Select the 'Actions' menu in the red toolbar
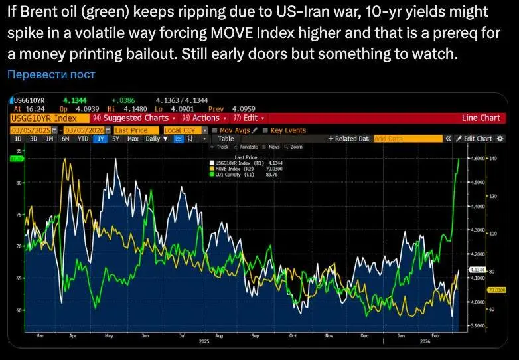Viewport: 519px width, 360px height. pos(204,118)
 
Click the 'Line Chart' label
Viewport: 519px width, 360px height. pos(481,118)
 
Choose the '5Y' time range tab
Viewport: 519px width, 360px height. pos(116,139)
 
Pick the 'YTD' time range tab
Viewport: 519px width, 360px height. pos(83,139)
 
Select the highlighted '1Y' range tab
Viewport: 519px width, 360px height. pos(100,139)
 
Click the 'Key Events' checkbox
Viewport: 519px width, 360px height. pos(265,130)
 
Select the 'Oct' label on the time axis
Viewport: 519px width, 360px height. pos(292,335)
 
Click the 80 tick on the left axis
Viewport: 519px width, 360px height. pos(19,182)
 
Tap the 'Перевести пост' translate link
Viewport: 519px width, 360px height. pos(51,74)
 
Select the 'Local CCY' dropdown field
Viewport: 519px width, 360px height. pos(182,130)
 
